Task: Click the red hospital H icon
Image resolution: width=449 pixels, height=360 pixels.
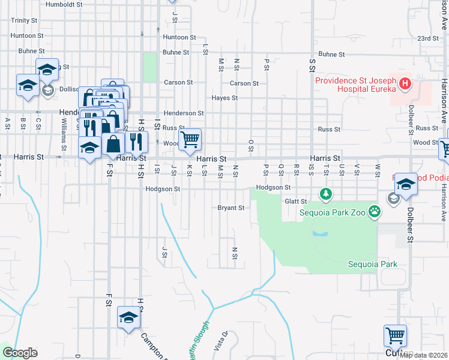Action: click(x=405, y=83)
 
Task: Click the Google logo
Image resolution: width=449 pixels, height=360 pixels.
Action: click(x=20, y=353)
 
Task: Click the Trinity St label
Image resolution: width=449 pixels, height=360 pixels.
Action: click(x=24, y=20)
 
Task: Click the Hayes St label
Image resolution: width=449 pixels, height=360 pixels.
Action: click(x=224, y=98)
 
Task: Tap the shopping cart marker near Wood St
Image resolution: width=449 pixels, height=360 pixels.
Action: click(x=190, y=139)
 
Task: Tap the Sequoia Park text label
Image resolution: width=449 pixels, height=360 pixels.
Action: click(x=373, y=264)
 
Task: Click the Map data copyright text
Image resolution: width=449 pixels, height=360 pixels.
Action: click(x=423, y=355)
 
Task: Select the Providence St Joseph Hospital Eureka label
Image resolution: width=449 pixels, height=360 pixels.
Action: click(x=355, y=85)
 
